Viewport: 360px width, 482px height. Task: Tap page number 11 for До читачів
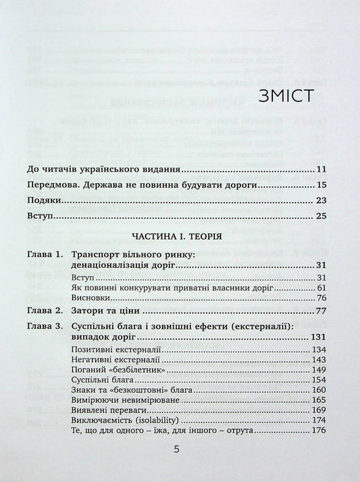tap(321, 169)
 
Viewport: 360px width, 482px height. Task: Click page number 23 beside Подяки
tap(321, 201)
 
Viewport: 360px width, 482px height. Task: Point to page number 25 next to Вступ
tap(321, 217)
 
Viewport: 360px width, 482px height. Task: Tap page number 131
tap(319, 337)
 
